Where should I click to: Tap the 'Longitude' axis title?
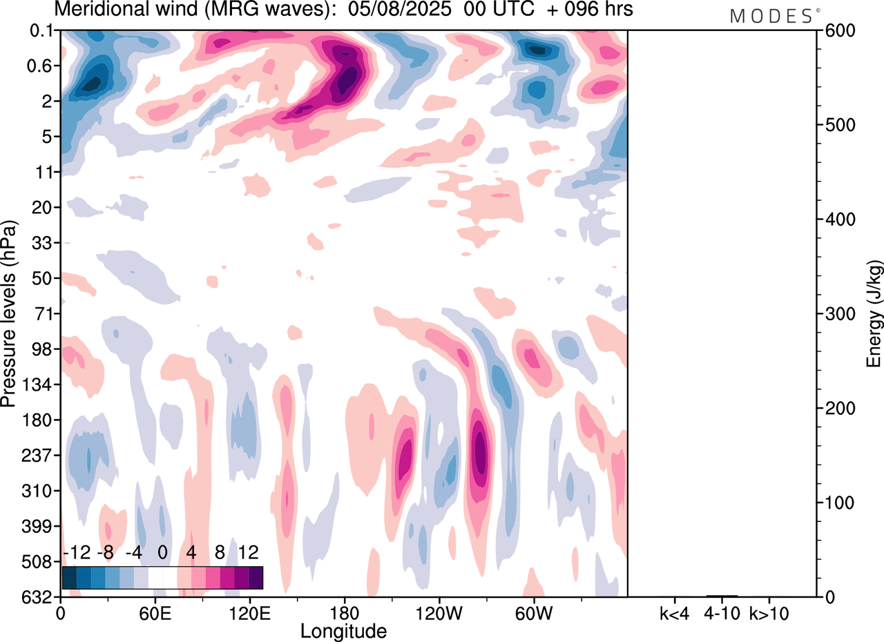343,631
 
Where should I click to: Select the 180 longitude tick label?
344,613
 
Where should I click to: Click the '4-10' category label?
722,613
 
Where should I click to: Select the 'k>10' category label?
769,613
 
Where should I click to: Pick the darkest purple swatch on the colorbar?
256,577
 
